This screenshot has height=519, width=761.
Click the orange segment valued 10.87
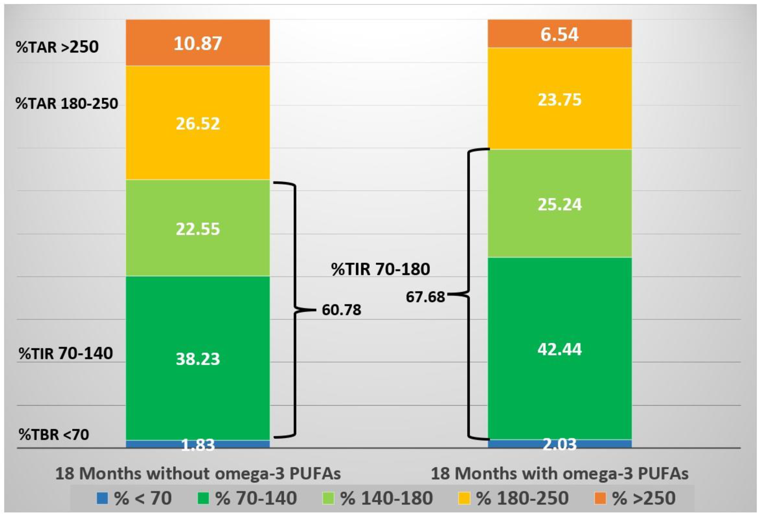pyautogui.click(x=198, y=43)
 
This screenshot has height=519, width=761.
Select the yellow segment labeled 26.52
pyautogui.click(x=198, y=123)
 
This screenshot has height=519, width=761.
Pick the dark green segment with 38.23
pyautogui.click(x=198, y=358)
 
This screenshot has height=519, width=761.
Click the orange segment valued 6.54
pyautogui.click(x=559, y=34)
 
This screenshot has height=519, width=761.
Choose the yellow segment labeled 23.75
pyautogui.click(x=559, y=99)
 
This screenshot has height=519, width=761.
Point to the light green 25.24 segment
pyautogui.click(x=559, y=204)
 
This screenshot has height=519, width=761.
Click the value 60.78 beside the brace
pyautogui.click(x=341, y=310)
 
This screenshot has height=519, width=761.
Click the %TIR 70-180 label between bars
pyautogui.click(x=380, y=269)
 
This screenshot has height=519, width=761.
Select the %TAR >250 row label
pyautogui.click(x=57, y=47)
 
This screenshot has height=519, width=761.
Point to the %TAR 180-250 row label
pyautogui.click(x=67, y=103)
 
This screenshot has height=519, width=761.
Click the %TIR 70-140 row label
pyautogui.click(x=66, y=353)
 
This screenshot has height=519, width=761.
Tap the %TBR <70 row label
pyautogui.click(x=54, y=435)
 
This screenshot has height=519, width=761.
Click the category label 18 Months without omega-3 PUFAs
pyautogui.click(x=198, y=473)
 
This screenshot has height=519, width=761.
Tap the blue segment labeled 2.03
pyautogui.click(x=559, y=444)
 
